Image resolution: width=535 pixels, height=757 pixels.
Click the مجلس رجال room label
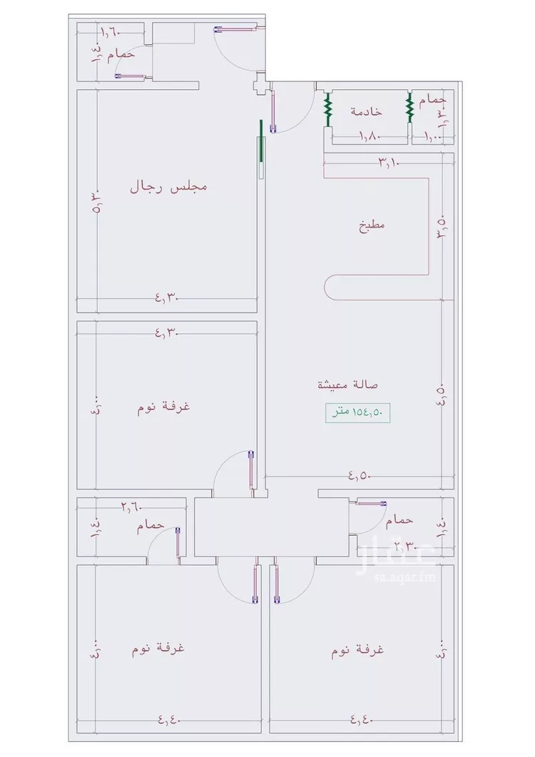coord(168,187)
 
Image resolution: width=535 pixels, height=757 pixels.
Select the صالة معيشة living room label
coord(347,385)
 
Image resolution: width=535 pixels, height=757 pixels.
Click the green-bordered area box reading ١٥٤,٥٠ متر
coord(359,412)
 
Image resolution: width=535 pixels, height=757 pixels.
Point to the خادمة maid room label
coord(366,111)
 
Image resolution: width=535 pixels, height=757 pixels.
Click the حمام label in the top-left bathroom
coord(121,54)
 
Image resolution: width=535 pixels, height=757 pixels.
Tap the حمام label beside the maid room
coord(432,101)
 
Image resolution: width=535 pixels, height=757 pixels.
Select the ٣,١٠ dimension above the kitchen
coord(388,163)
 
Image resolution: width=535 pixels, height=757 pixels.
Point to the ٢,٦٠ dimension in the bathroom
coord(131,507)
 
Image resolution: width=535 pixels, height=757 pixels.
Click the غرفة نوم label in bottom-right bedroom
coord(357,651)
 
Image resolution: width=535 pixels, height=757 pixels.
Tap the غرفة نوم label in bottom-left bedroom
coord(158,649)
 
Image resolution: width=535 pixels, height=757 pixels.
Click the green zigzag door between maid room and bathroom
coord(410,108)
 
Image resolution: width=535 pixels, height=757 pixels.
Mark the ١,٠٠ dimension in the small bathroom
coord(434,136)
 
